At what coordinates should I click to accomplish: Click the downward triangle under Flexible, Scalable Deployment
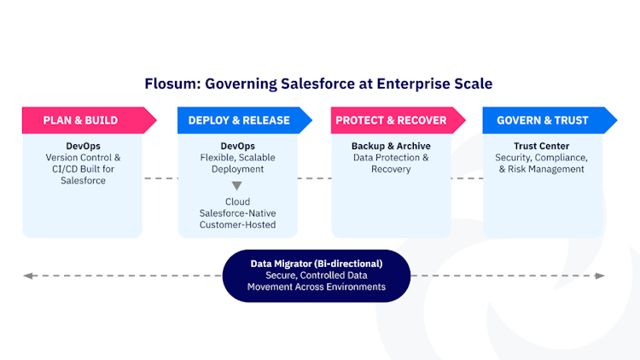(x=237, y=185)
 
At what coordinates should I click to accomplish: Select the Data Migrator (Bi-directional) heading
(x=316, y=264)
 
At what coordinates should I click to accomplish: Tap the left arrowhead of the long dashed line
(x=27, y=276)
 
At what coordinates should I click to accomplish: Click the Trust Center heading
(x=542, y=146)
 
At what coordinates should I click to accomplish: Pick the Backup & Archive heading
(x=391, y=146)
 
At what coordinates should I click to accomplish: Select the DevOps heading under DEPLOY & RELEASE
(x=237, y=146)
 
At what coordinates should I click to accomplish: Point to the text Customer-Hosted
(x=237, y=224)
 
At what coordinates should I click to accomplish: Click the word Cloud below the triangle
(x=237, y=201)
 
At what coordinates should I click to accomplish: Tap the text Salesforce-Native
(x=237, y=213)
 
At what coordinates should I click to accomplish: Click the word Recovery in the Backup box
(x=391, y=169)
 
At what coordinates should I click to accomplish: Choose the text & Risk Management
(x=542, y=169)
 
